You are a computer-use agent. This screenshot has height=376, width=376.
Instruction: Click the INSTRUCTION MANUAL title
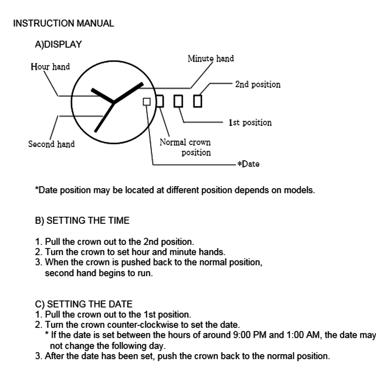click(63, 23)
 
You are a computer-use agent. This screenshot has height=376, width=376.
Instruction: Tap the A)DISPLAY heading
click(58, 44)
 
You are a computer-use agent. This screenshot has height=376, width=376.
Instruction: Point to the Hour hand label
click(50, 67)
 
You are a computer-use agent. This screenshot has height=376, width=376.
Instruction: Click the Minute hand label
click(211, 59)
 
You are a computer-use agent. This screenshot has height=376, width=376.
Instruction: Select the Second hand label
click(52, 144)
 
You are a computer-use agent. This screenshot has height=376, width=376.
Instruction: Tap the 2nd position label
click(258, 84)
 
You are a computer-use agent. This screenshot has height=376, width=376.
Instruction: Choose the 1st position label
click(250, 123)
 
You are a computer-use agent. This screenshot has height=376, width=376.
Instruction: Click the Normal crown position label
click(185, 147)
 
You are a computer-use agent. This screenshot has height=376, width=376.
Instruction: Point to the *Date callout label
click(249, 164)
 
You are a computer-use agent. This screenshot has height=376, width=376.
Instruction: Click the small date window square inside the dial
click(147, 102)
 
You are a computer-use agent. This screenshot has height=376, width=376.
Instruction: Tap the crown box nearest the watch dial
click(160, 101)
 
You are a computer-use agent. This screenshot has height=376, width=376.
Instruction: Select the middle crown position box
click(179, 101)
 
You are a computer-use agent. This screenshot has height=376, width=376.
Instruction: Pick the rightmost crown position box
click(197, 101)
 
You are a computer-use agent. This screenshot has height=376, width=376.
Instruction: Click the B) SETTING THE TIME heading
click(82, 221)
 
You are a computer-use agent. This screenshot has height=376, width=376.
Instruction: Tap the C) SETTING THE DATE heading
click(83, 304)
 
